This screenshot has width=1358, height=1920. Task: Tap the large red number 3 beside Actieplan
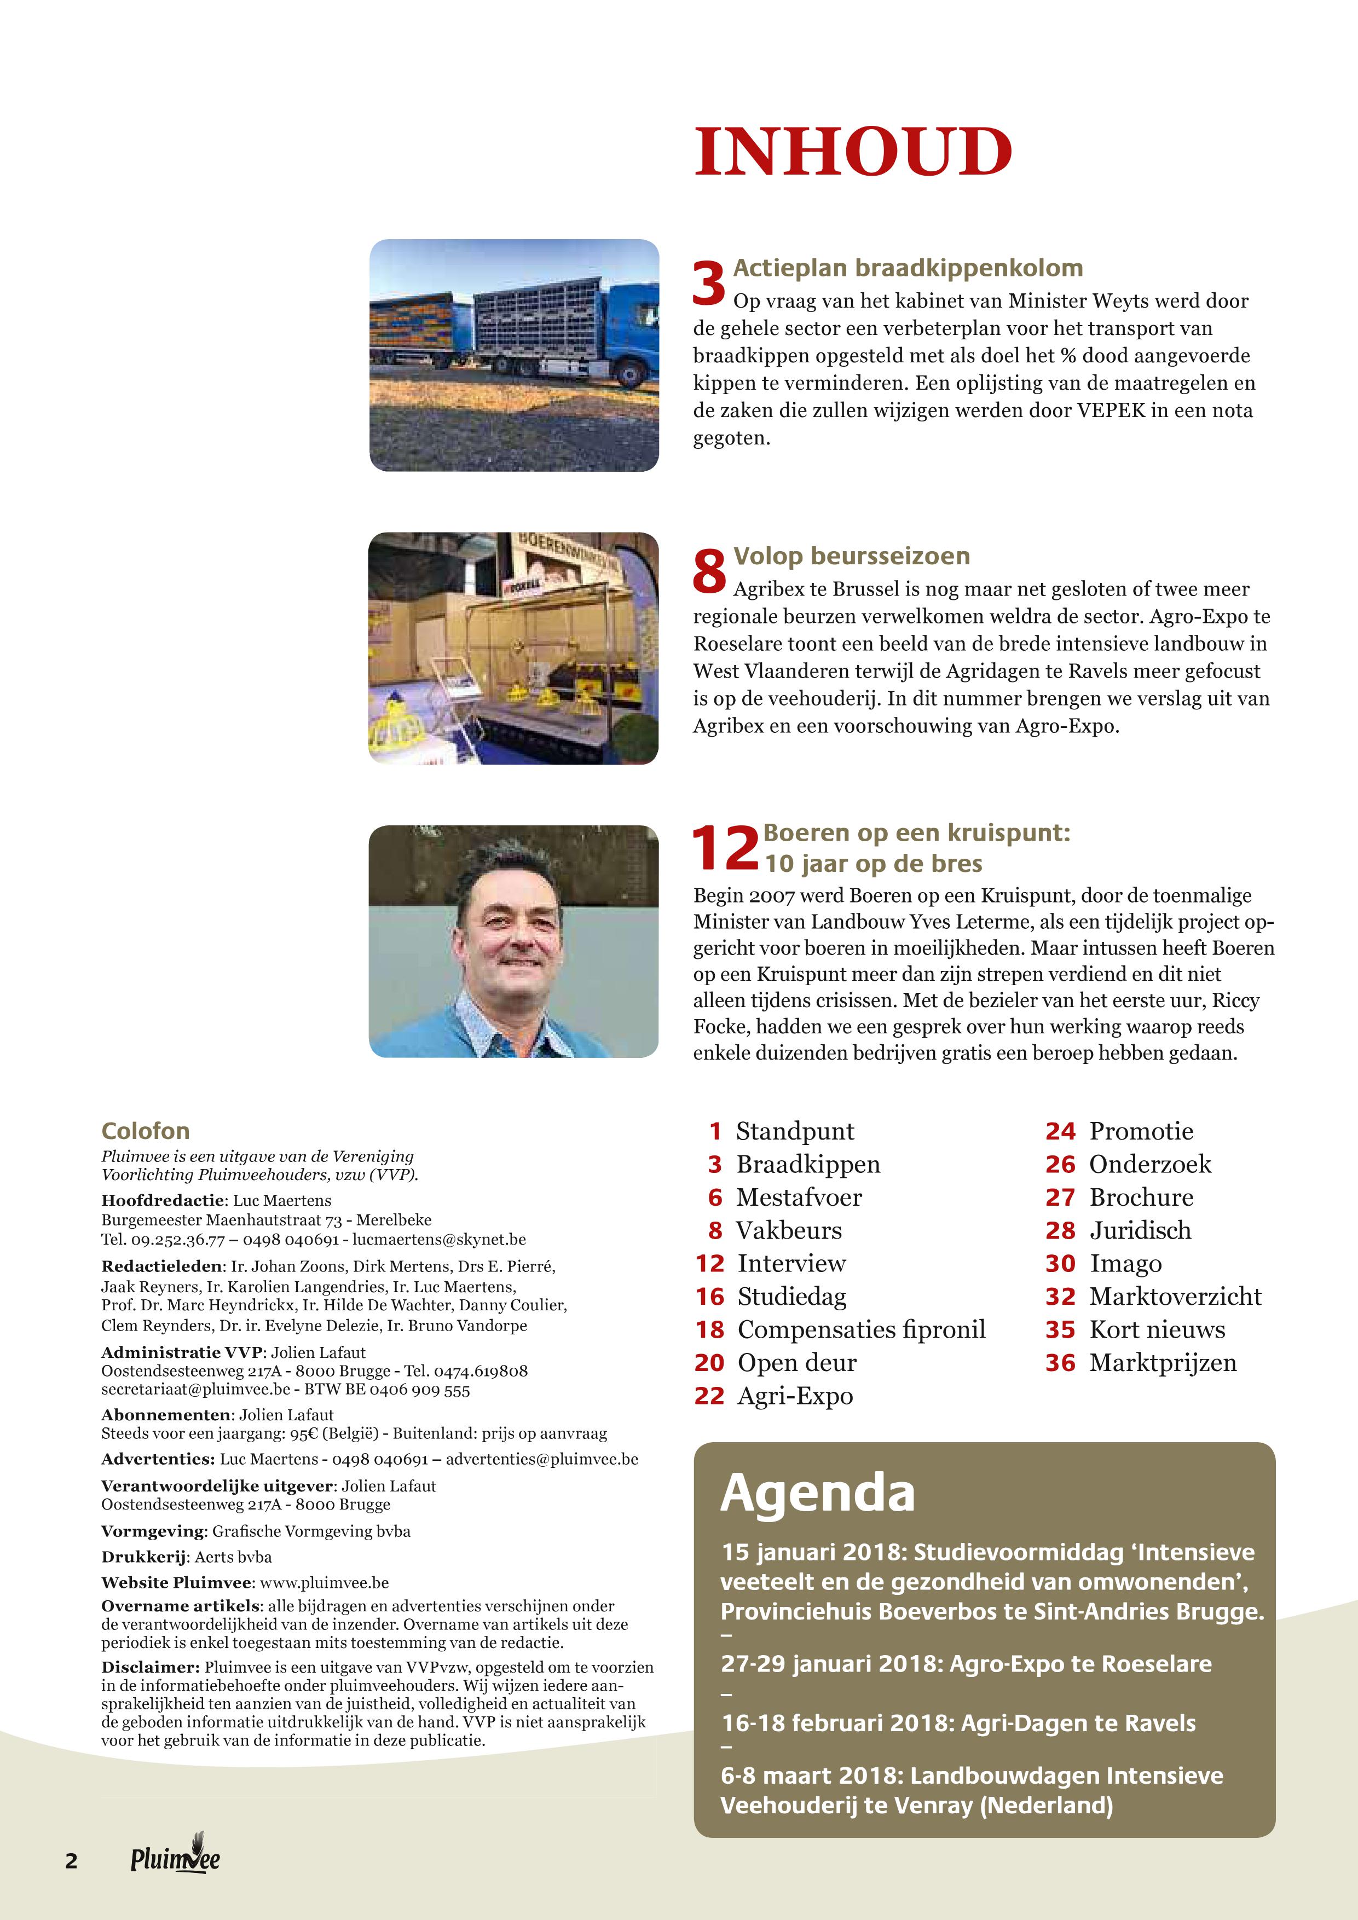point(709,284)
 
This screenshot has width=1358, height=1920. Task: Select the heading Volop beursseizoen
point(851,556)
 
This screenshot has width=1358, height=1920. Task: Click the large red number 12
point(724,848)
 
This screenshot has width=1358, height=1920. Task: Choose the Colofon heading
point(146,1131)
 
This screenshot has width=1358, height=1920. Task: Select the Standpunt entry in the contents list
point(794,1131)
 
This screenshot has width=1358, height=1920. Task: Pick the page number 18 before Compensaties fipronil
point(709,1329)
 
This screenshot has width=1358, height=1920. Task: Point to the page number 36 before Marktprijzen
point(1060,1363)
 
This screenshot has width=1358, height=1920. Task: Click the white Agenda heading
point(817,1493)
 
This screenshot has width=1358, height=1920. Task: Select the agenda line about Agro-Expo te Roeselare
point(966,1664)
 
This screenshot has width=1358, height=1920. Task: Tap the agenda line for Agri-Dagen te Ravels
point(957,1724)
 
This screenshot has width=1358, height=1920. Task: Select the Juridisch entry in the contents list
point(1140,1230)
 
